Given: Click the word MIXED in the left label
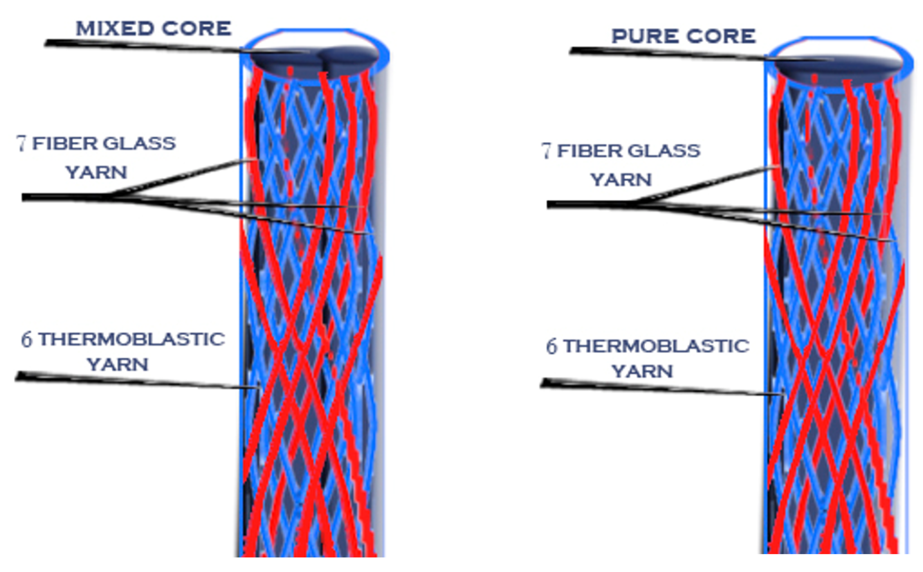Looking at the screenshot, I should point(113,28).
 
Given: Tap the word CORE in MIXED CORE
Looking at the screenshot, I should point(196,28).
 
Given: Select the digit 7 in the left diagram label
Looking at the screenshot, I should point(22,143).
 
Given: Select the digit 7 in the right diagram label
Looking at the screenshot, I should point(546,151).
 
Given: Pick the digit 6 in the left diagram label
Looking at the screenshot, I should point(26,339).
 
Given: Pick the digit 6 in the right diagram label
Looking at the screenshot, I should point(551,347).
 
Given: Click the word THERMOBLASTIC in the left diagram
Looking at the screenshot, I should point(131,339).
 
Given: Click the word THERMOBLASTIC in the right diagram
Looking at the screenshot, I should point(656,346).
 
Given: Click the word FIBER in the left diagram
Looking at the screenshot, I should point(64,143).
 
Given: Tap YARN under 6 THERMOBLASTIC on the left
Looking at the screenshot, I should point(117,364).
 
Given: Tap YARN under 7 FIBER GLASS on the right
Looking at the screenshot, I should point(621,179).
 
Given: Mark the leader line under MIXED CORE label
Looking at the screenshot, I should point(142,46).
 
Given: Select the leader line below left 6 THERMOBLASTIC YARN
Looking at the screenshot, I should point(129,381).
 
